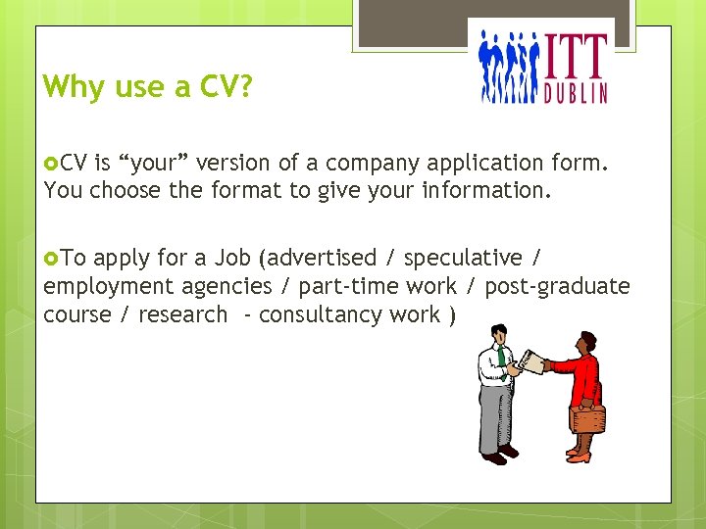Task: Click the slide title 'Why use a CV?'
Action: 148,87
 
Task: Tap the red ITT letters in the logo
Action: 576,56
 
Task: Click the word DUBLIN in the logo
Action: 576,92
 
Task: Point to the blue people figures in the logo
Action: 508,67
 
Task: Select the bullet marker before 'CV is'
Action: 51,162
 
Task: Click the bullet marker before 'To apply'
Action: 51,258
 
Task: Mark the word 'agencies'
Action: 227,286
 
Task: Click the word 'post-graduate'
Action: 556,286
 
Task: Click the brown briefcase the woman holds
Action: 588,418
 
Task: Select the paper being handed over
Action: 530,361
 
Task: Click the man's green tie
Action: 501,354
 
